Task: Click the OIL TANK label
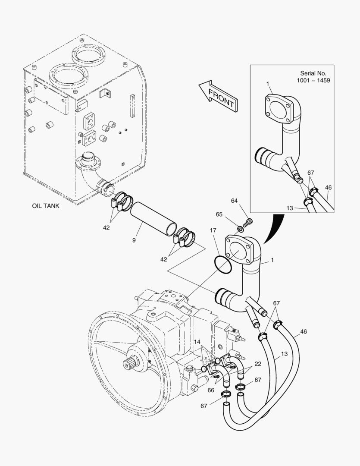pyautogui.click(x=45, y=206)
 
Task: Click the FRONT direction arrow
pyautogui.click(x=218, y=96)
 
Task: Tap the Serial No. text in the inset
pyautogui.click(x=313, y=73)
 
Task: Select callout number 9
pyautogui.click(x=134, y=240)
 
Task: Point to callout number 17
pyautogui.click(x=213, y=230)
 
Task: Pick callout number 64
pyautogui.click(x=235, y=201)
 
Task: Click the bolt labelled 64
pyautogui.click(x=247, y=223)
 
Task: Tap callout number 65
pyautogui.click(x=219, y=214)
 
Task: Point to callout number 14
pyautogui.click(x=197, y=342)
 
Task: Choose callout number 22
pyautogui.click(x=258, y=364)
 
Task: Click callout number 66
pyautogui.click(x=211, y=390)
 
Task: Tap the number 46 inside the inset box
pyautogui.click(x=328, y=188)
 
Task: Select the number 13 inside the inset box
pyautogui.click(x=290, y=208)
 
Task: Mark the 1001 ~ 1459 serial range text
pyautogui.click(x=313, y=81)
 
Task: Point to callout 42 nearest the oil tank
pyautogui.click(x=106, y=228)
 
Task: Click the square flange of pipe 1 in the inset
pyautogui.click(x=278, y=108)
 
